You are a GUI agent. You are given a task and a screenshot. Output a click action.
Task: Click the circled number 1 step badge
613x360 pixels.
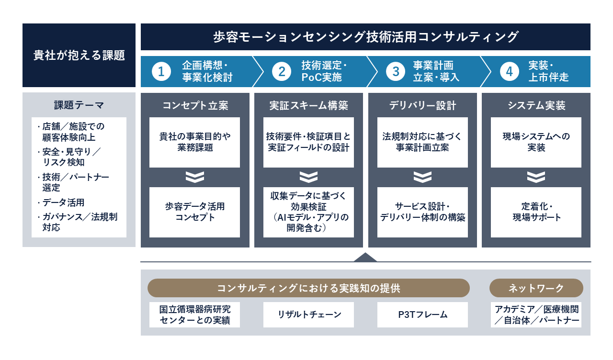pyautogui.click(x=161, y=72)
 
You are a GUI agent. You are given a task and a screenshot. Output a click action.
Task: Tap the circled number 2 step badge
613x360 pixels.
pyautogui.click(x=282, y=72)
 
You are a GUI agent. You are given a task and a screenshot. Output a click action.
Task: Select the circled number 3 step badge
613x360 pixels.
pyautogui.click(x=396, y=72)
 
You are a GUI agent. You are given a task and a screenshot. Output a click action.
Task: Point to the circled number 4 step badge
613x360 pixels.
pyautogui.click(x=509, y=72)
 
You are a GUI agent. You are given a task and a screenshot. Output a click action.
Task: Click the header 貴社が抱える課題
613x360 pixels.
pyautogui.click(x=79, y=55)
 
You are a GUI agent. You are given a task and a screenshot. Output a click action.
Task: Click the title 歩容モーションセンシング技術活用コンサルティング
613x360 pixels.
pyautogui.click(x=365, y=37)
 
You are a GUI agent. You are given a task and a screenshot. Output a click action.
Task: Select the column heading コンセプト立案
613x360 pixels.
pyautogui.click(x=195, y=106)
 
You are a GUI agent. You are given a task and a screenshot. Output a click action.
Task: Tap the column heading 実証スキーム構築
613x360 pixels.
pyautogui.click(x=309, y=106)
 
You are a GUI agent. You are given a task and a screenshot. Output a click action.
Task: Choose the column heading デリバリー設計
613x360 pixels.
pyautogui.click(x=422, y=106)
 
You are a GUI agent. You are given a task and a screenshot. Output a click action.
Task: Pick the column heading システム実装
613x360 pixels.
pyautogui.click(x=536, y=106)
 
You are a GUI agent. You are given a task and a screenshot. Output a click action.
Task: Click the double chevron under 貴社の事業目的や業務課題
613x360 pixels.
pyautogui.click(x=195, y=177)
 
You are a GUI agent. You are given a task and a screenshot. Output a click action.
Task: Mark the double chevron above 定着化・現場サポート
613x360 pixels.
pyautogui.click(x=536, y=177)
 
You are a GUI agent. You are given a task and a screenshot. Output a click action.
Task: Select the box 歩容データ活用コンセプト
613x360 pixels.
pyautogui.click(x=194, y=212)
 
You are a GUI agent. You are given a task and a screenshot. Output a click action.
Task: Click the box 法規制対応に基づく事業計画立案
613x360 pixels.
pyautogui.click(x=422, y=143)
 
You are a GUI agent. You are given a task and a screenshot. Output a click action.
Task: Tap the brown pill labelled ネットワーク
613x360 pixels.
pyautogui.click(x=536, y=288)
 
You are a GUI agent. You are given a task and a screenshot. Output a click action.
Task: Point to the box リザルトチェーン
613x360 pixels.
pyautogui.click(x=309, y=315)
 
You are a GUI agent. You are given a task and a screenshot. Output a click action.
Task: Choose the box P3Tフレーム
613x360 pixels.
pyautogui.click(x=422, y=315)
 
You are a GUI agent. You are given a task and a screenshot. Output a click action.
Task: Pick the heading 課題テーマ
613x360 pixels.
pyautogui.click(x=79, y=105)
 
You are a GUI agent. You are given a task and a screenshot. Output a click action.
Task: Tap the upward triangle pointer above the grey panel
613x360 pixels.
pyautogui.click(x=365, y=258)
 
